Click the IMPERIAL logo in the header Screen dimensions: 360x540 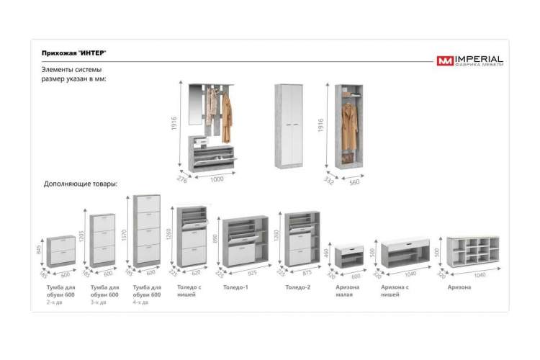pyautogui.click(x=470, y=60)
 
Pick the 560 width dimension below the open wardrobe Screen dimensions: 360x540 pyautogui.click(x=355, y=181)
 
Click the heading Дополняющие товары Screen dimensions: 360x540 pyautogui.click(x=81, y=184)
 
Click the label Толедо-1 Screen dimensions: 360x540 pyautogui.click(x=235, y=287)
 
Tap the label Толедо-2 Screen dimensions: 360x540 pyautogui.click(x=297, y=287)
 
